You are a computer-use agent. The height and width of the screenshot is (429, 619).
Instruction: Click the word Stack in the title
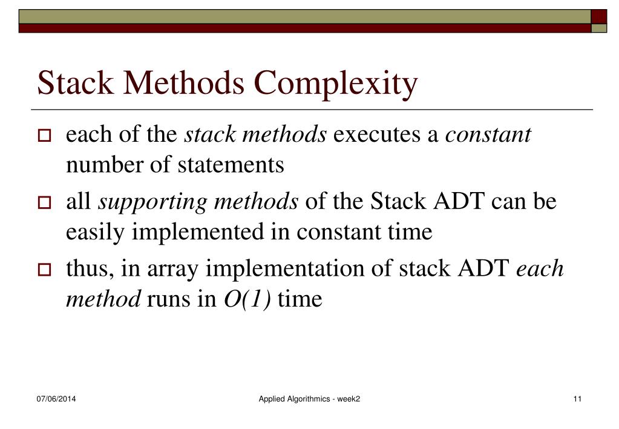(75, 84)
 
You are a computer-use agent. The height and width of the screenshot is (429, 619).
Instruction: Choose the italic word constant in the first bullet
(488, 135)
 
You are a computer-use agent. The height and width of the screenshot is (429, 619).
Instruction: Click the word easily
(96, 233)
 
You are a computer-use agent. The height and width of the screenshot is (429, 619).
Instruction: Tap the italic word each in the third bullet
(540, 269)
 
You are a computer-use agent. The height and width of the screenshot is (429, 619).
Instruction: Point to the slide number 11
(577, 399)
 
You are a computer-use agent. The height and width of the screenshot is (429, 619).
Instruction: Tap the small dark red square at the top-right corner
(598, 16)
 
